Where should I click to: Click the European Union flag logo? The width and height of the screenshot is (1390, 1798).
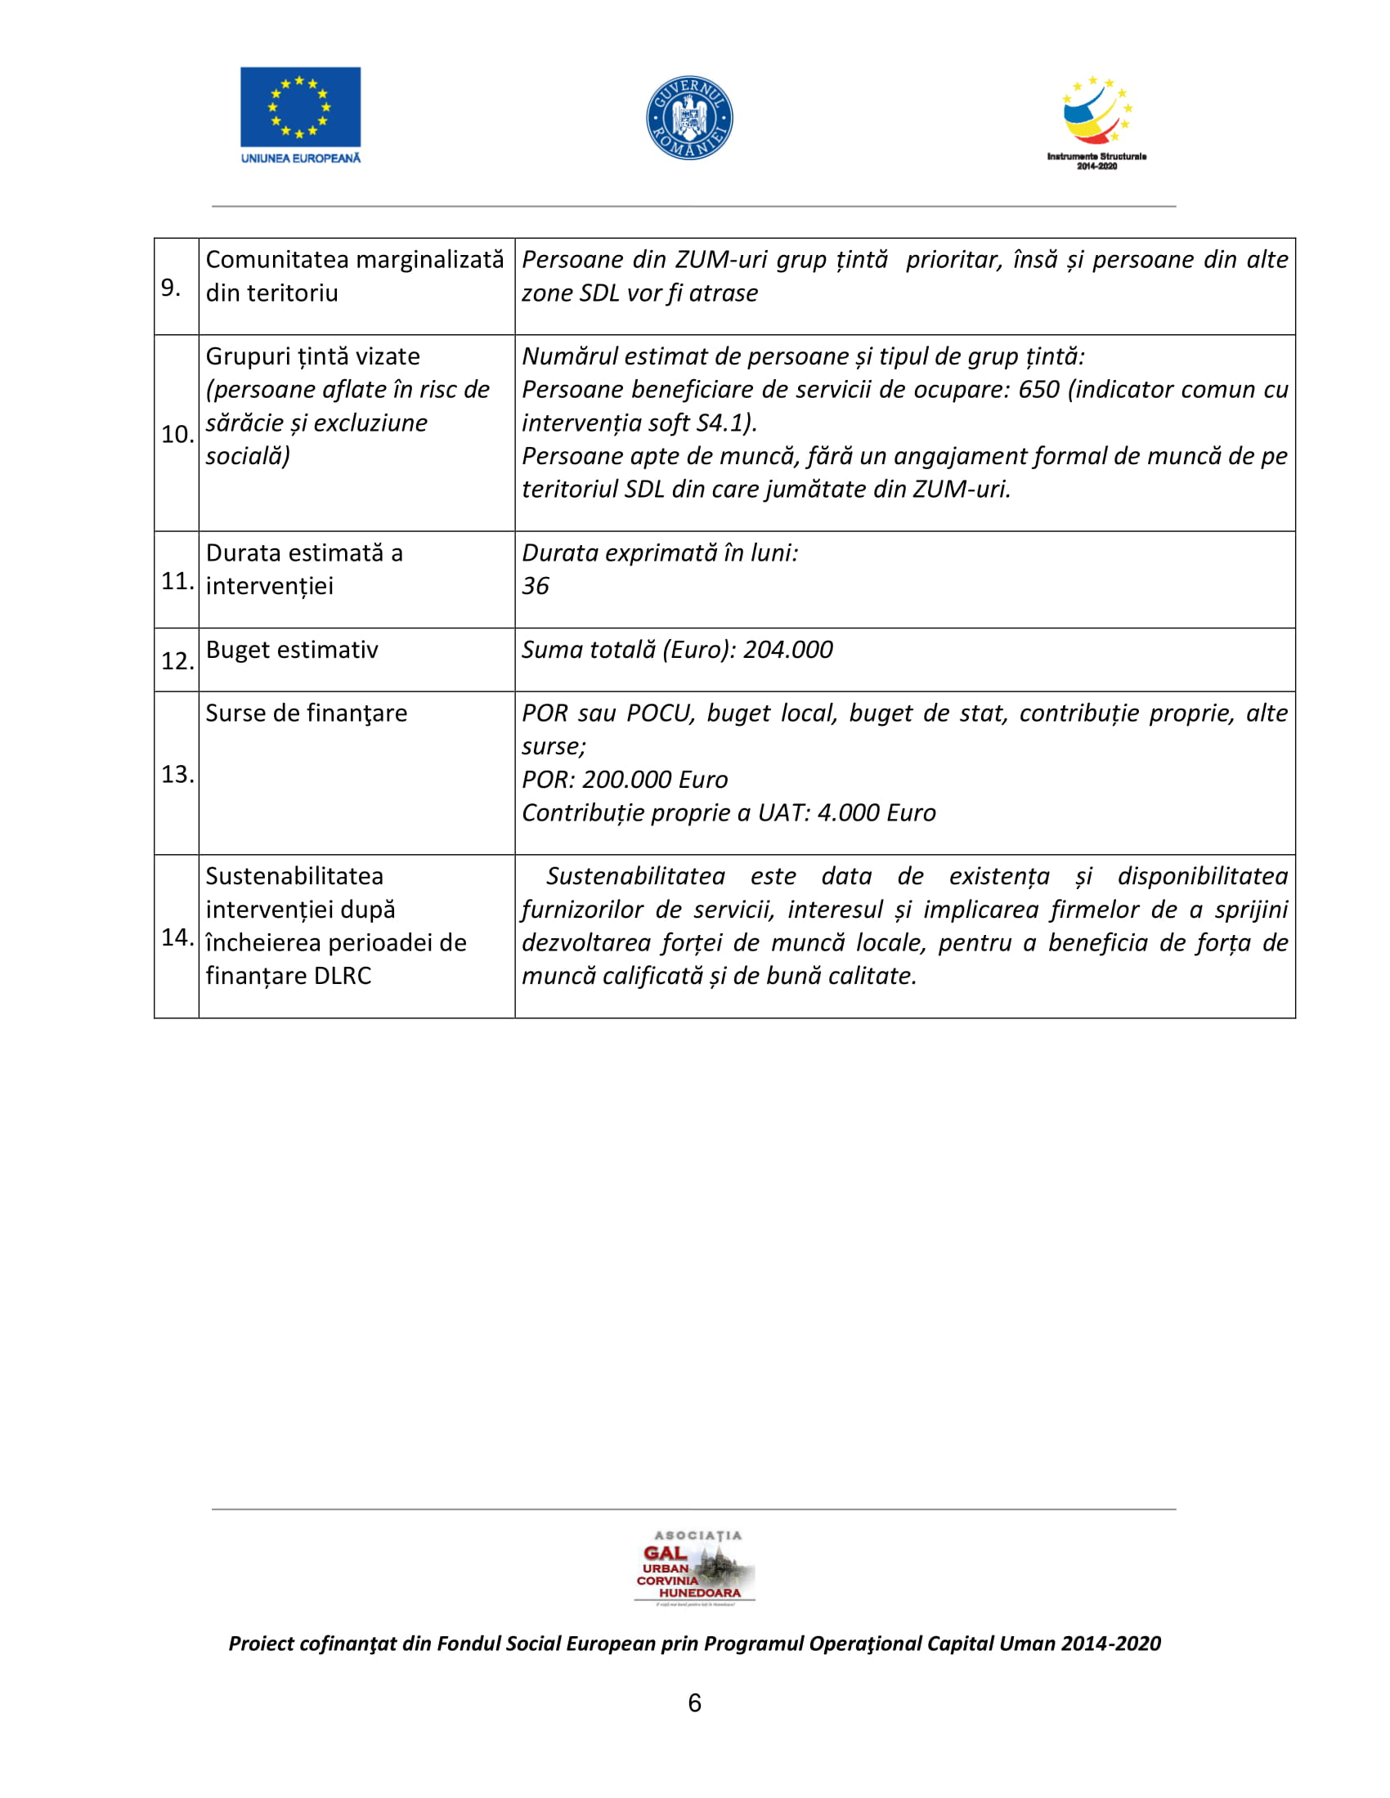coord(300,107)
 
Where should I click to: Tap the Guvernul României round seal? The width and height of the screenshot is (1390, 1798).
coord(689,118)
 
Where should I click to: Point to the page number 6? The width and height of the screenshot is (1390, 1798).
coord(694,1702)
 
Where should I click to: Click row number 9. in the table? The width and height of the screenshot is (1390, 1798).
coord(171,288)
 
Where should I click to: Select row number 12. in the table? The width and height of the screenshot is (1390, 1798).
coord(177,661)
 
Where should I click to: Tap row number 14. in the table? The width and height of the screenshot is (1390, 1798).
coord(177,937)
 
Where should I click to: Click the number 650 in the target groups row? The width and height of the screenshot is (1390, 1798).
coord(1038,389)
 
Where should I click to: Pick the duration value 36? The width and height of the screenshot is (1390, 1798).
coord(536,586)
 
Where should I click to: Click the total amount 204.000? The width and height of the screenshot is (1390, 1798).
coord(787,650)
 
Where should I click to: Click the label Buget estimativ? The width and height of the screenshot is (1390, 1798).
coord(292,650)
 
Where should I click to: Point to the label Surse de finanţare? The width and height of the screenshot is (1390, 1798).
coord(307,713)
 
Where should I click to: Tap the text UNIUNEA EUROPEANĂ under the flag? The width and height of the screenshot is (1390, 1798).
coord(301,158)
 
